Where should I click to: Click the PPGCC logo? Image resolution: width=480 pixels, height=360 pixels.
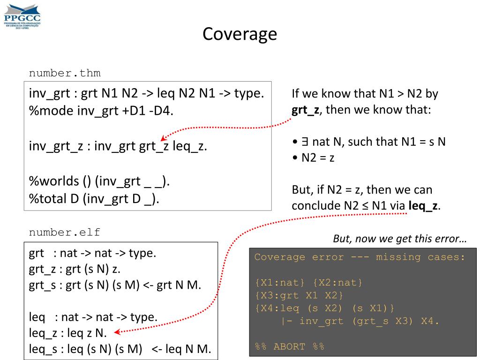(22, 17)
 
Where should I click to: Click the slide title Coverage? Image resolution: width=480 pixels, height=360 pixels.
(240, 34)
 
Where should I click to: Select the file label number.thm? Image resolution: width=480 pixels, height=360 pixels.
(65, 73)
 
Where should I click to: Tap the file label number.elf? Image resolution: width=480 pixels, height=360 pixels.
(65, 232)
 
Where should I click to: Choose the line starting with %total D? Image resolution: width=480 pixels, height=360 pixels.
(94, 199)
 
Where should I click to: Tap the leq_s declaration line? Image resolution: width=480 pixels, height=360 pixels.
(120, 348)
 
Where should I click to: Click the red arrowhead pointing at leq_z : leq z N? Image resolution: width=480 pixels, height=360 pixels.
(118, 333)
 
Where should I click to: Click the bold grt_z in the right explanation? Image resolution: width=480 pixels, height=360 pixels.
(303, 111)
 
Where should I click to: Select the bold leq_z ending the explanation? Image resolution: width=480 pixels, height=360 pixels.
(423, 205)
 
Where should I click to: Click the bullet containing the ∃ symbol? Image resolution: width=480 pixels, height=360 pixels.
(368, 141)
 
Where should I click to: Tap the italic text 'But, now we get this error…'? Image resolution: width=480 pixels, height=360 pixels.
(399, 239)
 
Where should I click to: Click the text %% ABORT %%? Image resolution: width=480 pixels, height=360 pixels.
(289, 347)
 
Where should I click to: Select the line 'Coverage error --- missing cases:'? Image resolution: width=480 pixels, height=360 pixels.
(360, 257)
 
